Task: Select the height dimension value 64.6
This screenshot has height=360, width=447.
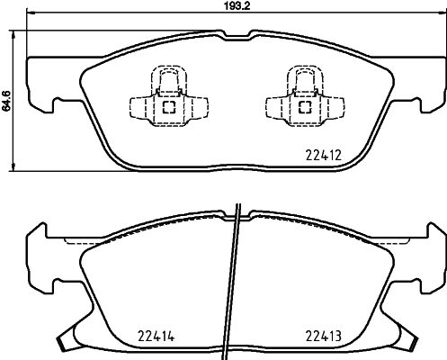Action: pyautogui.click(x=8, y=105)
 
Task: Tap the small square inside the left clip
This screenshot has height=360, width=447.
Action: pyautogui.click(x=167, y=107)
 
